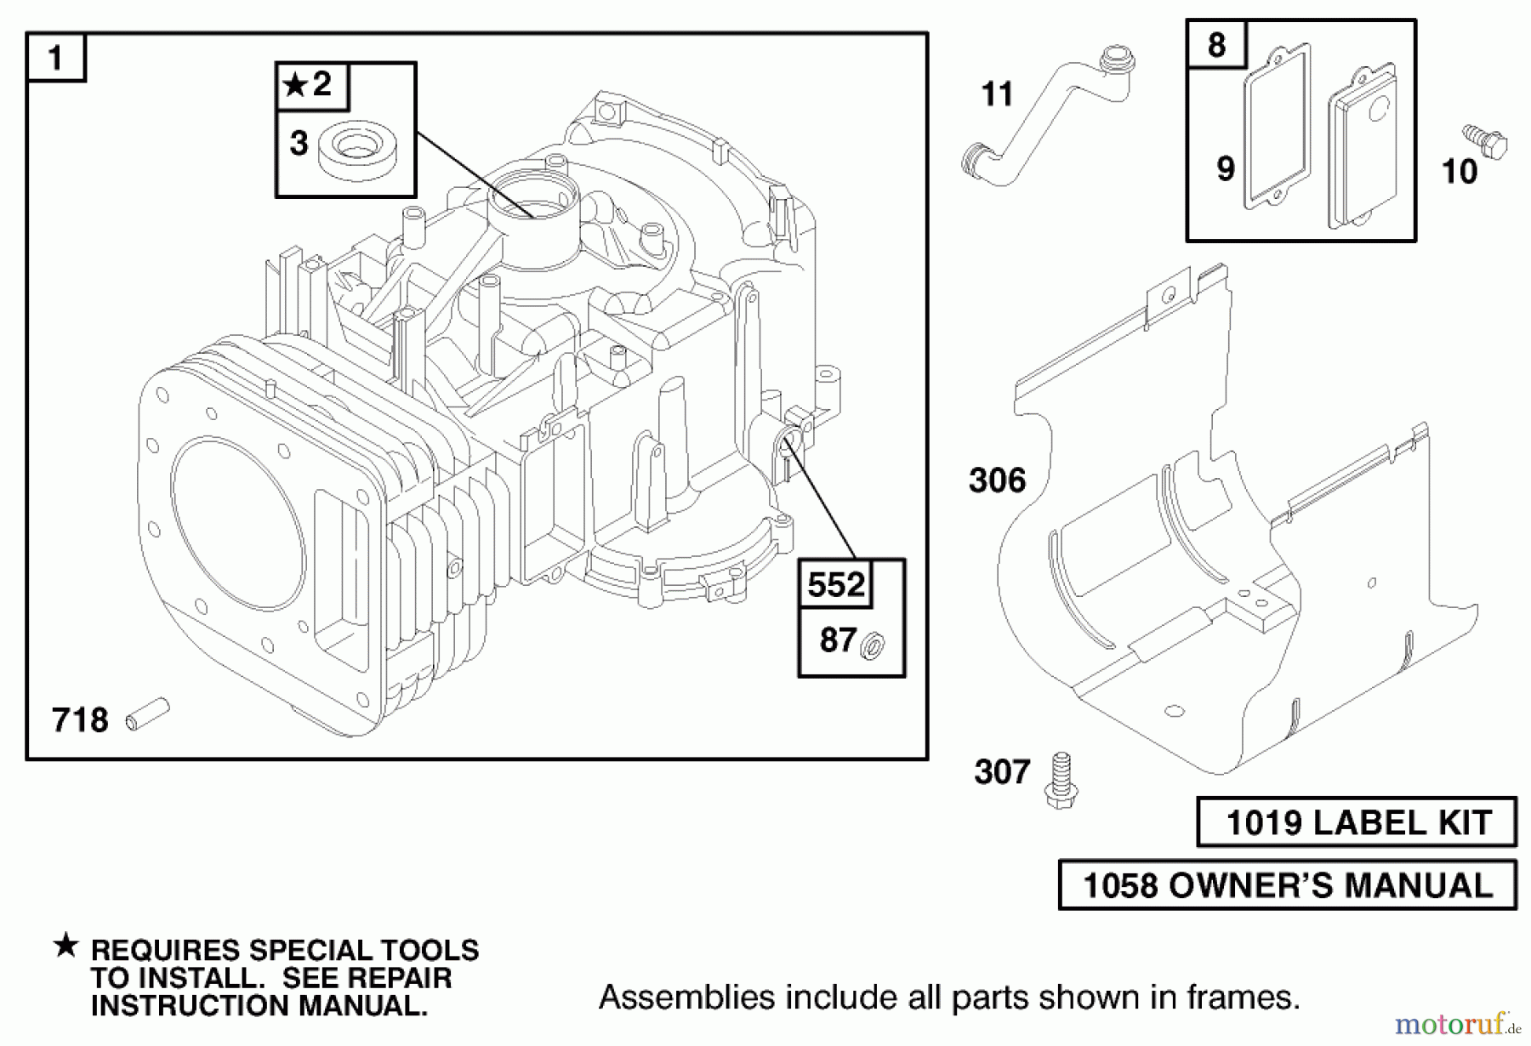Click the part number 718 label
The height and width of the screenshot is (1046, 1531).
click(80, 720)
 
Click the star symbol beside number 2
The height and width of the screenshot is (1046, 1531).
click(295, 85)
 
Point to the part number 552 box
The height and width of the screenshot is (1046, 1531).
click(835, 585)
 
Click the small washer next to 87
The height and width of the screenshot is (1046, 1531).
click(873, 646)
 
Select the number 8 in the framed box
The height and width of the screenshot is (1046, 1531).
click(1216, 45)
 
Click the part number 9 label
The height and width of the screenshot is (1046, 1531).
click(1225, 168)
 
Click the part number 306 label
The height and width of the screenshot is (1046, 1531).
click(998, 480)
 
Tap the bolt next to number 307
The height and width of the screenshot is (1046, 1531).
click(1060, 780)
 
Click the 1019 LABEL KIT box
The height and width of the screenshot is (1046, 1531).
click(1357, 822)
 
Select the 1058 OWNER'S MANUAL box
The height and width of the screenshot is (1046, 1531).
click(1287, 885)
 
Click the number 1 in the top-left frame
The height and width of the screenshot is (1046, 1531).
click(56, 59)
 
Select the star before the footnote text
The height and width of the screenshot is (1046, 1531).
click(65, 945)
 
